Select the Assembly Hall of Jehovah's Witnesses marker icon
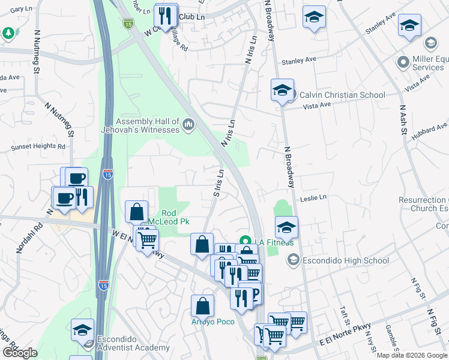[188, 124]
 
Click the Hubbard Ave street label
[430, 127]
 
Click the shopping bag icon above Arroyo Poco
[203, 305]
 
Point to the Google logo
[20, 353]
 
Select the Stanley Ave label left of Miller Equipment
[299, 60]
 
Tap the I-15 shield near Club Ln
[128, 23]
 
